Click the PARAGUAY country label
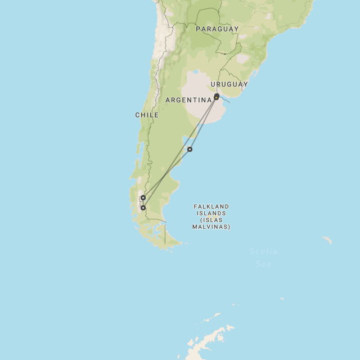pyautogui.click(x=217, y=29)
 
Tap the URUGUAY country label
pyautogui.click(x=229, y=84)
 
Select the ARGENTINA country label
pyautogui.click(x=188, y=100)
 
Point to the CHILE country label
pyautogui.click(x=147, y=115)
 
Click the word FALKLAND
pyautogui.click(x=211, y=206)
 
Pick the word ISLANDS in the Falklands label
pyautogui.click(x=211, y=213)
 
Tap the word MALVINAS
pyautogui.click(x=211, y=227)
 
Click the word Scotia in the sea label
pyautogui.click(x=263, y=251)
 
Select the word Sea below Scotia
pyautogui.click(x=263, y=263)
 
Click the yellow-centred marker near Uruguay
pyautogui.click(x=217, y=97)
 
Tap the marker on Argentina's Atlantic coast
pyautogui.click(x=190, y=149)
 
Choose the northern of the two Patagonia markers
pyautogui.click(x=143, y=197)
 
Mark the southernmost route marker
pyautogui.click(x=143, y=208)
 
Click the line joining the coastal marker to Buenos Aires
pyautogui.click(x=204, y=123)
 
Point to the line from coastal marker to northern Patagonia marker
pyautogui.click(x=166, y=173)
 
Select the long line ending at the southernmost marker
pyautogui.click(x=180, y=152)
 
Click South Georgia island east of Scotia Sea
pyautogui.click(x=327, y=240)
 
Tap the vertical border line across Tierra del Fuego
pyautogui.click(x=165, y=233)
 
